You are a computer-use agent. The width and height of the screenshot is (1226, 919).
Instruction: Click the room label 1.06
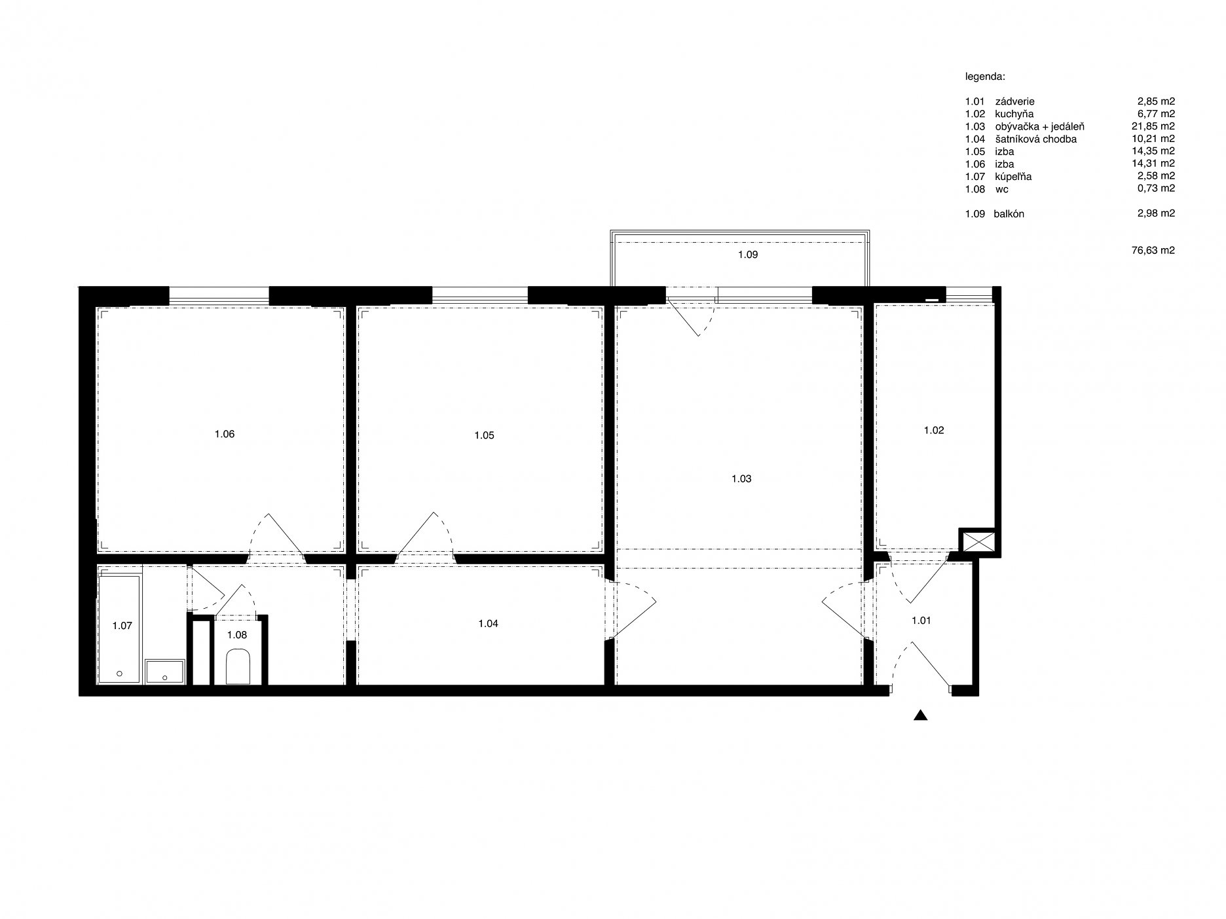224,434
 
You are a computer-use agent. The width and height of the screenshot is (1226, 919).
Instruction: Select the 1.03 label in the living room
741,478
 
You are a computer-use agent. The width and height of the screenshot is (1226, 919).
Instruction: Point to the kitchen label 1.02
934,431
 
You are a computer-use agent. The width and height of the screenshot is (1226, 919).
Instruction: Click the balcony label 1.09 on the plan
747,255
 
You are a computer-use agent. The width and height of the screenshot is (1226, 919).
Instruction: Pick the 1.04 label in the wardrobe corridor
488,624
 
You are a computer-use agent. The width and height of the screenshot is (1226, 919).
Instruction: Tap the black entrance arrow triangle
921,715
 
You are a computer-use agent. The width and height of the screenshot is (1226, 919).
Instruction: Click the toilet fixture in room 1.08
236,667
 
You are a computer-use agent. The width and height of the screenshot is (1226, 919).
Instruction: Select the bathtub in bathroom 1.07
119,629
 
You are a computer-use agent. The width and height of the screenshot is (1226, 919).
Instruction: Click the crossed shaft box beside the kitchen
976,542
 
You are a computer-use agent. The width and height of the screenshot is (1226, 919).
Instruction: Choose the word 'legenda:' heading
985,77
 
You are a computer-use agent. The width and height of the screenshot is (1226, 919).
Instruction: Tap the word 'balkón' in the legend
1009,214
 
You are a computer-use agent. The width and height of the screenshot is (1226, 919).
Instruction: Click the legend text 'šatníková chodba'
1035,139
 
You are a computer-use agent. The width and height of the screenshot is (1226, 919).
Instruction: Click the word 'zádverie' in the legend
1014,101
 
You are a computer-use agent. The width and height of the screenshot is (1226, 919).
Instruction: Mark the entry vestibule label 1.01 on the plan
921,621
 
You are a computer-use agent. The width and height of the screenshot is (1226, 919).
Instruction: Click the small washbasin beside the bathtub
166,672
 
